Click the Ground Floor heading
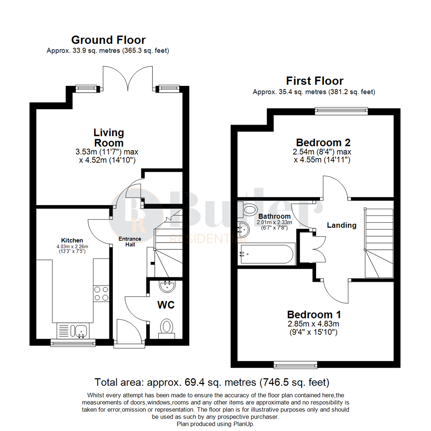point(108,40)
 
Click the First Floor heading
point(314,81)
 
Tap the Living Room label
point(109,137)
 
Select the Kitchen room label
point(72,240)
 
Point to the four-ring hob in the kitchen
point(101,294)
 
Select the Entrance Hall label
point(130,241)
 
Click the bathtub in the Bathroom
point(267,254)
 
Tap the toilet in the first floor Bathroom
point(248,209)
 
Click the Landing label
point(342,225)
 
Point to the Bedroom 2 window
point(341,111)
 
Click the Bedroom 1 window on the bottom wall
point(295,364)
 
